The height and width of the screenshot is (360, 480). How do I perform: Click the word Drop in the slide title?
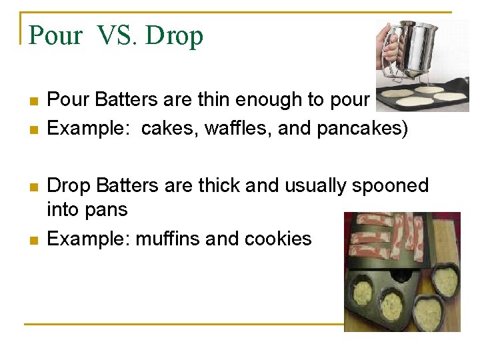point(174,35)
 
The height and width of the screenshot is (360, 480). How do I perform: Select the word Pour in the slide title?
point(56,35)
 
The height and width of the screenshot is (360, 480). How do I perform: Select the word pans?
point(107,210)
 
